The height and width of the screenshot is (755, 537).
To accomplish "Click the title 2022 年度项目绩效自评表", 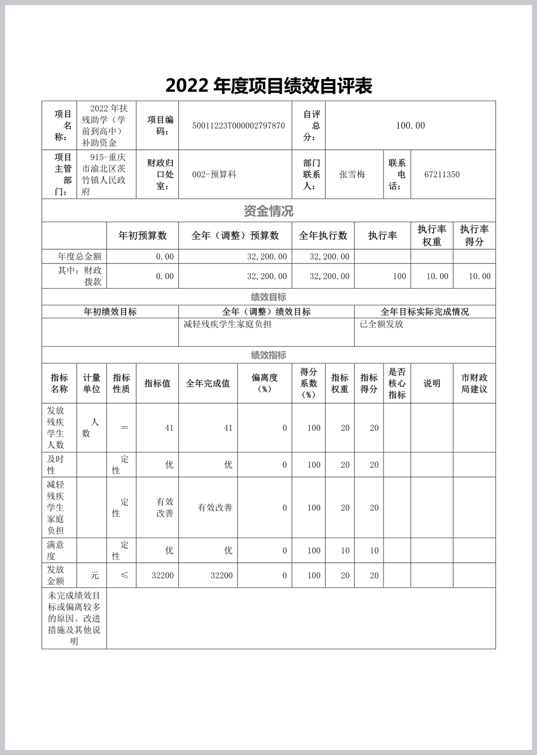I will tap(269, 86).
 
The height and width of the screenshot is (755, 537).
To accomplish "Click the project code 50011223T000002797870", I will tap(238, 126).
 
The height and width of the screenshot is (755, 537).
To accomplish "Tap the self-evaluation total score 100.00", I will tap(410, 126).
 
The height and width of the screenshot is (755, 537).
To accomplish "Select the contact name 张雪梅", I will tap(352, 174).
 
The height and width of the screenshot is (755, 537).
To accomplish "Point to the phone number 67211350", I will tap(442, 174).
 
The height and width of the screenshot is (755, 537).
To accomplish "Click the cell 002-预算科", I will tap(214, 174).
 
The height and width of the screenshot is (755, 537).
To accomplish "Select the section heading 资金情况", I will tap(269, 211).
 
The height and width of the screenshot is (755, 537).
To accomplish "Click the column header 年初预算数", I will tap(142, 236).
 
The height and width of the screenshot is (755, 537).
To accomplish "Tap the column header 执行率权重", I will tap(432, 236).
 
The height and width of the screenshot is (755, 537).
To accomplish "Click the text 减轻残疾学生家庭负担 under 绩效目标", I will tap(227, 324).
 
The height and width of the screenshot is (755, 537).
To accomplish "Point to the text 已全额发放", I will tap(381, 324).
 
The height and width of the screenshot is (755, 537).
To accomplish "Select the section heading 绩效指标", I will tap(269, 355).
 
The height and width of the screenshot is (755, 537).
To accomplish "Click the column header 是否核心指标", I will tap(397, 383).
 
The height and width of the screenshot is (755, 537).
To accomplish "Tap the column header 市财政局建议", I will tap(474, 383).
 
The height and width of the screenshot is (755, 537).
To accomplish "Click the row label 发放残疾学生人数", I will tap(56, 428).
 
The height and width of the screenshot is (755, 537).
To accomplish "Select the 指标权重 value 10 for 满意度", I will tap(345, 551).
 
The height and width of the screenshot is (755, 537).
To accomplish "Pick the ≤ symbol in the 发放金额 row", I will tap(124, 576).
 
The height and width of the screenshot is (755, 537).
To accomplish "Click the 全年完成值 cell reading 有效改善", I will tap(215, 508).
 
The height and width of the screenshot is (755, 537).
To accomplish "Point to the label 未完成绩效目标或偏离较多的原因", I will tap(74, 618).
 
